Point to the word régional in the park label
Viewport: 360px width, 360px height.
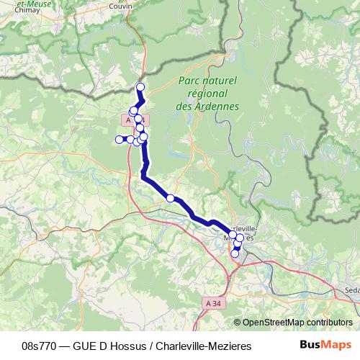click(x=207, y=94)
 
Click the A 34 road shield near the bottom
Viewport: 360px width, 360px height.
click(x=212, y=305)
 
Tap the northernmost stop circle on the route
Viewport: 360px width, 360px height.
click(x=140, y=87)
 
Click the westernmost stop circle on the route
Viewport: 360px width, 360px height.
click(x=120, y=139)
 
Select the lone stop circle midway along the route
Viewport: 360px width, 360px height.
click(x=171, y=197)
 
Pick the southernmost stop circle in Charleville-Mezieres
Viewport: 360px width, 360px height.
click(x=234, y=253)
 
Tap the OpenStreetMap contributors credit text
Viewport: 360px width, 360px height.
click(x=297, y=323)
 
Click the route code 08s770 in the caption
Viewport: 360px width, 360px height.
click(x=41, y=346)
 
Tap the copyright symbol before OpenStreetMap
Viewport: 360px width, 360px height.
click(x=238, y=323)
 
